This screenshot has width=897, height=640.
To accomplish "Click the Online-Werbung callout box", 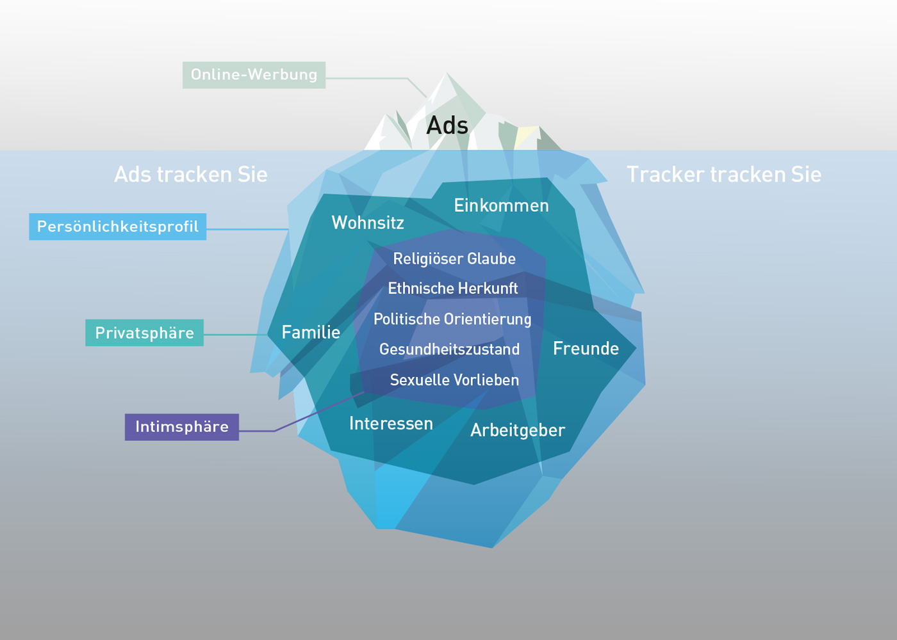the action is (x=254, y=76).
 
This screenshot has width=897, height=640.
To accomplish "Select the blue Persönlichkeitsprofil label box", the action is (x=118, y=227).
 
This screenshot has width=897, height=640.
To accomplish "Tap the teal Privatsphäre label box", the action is (x=145, y=333).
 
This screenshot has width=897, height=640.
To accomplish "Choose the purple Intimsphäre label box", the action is (x=182, y=428).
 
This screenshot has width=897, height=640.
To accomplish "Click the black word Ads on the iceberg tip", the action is (x=447, y=125).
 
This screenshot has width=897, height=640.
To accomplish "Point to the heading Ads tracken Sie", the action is (x=191, y=175).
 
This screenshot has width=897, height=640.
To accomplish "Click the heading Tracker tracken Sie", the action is (x=724, y=175).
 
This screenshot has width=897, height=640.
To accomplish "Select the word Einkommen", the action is (x=501, y=205).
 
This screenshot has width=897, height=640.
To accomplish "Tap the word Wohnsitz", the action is (x=368, y=223).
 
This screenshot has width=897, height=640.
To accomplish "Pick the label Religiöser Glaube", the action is (x=454, y=259).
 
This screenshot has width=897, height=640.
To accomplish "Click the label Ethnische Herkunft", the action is (x=453, y=289).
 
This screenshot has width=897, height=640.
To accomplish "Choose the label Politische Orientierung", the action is (x=452, y=319).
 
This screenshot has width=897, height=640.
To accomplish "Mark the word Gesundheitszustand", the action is (x=449, y=349).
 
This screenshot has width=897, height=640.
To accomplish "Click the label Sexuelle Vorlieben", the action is (x=454, y=380).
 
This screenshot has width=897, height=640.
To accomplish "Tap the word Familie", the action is (x=311, y=332).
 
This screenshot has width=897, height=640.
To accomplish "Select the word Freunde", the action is (x=586, y=348).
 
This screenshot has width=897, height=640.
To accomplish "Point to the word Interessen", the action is (x=391, y=424).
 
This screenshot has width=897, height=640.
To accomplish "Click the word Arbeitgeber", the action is (x=518, y=431).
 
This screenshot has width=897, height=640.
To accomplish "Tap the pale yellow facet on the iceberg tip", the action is (x=525, y=137).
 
